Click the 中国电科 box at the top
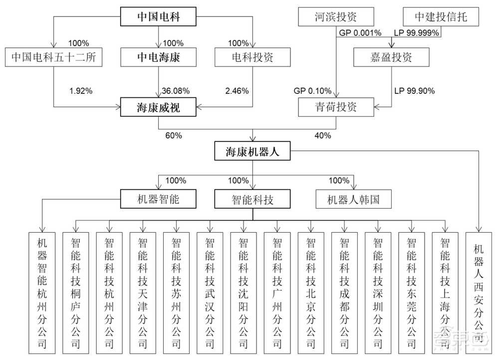(x=158, y=18)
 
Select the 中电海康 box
(x=158, y=57)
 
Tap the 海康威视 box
(x=158, y=106)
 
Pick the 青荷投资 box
(x=335, y=107)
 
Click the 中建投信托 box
(x=440, y=17)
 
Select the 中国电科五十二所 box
(x=53, y=57)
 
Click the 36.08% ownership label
(x=175, y=91)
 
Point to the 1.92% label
(x=80, y=91)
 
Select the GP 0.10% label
(x=312, y=91)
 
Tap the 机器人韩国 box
(x=353, y=199)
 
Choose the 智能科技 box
(x=252, y=199)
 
